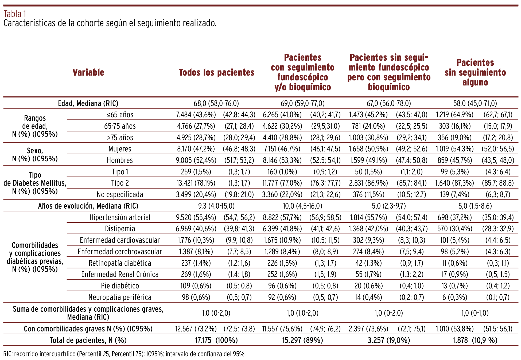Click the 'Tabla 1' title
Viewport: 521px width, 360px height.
pyautogui.click(x=15, y=13)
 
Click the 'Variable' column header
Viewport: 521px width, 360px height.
pyautogui.click(x=88, y=72)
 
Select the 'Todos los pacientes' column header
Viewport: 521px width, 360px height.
pyautogui.click(x=216, y=72)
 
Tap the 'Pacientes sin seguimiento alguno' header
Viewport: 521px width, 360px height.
pyautogui.click(x=475, y=72)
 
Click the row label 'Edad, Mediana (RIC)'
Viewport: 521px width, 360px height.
pyautogui.click(x=88, y=103)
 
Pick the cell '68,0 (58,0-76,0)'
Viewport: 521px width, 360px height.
pyautogui.click(x=216, y=103)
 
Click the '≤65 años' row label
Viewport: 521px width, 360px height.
pyautogui.click(x=120, y=115)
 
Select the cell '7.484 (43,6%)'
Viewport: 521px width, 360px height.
pyautogui.click(x=196, y=115)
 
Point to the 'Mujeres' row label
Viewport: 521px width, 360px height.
pyautogui.click(x=120, y=149)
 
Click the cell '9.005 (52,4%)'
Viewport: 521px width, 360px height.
pyautogui.click(x=196, y=160)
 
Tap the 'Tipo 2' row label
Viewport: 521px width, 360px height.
pyautogui.click(x=120, y=183)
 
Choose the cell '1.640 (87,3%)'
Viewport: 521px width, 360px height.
pyautogui.click(x=454, y=183)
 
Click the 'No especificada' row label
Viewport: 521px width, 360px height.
pyautogui.click(x=120, y=194)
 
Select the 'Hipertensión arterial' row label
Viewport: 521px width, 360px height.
pyautogui.click(x=120, y=217)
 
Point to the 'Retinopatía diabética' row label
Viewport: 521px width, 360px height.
pyautogui.click(x=120, y=263)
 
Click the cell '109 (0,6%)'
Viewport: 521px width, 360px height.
pyautogui.click(x=196, y=286)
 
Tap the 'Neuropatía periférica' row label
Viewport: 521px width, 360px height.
pyautogui.click(x=120, y=297)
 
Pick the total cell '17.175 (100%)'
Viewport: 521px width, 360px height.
pyautogui.click(x=216, y=340)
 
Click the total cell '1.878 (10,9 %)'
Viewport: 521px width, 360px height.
pyautogui.click(x=475, y=340)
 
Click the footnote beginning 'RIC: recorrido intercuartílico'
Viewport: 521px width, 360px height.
pyautogui.click(x=125, y=354)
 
